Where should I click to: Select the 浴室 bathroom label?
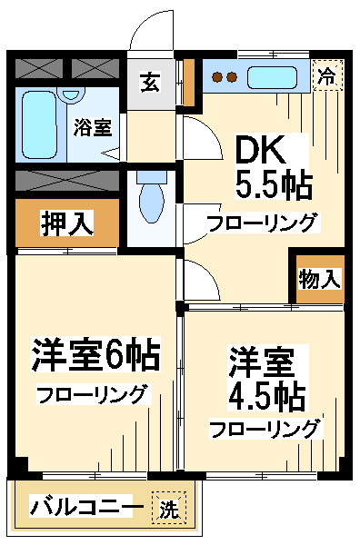coord(91,127)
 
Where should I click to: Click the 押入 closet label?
coord(67,223)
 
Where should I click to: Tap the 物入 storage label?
coord(320,280)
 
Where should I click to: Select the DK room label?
coord(263,150)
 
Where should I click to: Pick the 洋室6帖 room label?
coord(95,354)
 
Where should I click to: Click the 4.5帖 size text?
coord(266,397)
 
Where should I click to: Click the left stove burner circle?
coord(217,77)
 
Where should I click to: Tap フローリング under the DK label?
coord(262,223)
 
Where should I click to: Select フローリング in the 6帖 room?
coord(92,394)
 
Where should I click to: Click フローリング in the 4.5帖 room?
coord(265,428)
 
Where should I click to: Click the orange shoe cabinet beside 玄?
coord(189,81)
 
